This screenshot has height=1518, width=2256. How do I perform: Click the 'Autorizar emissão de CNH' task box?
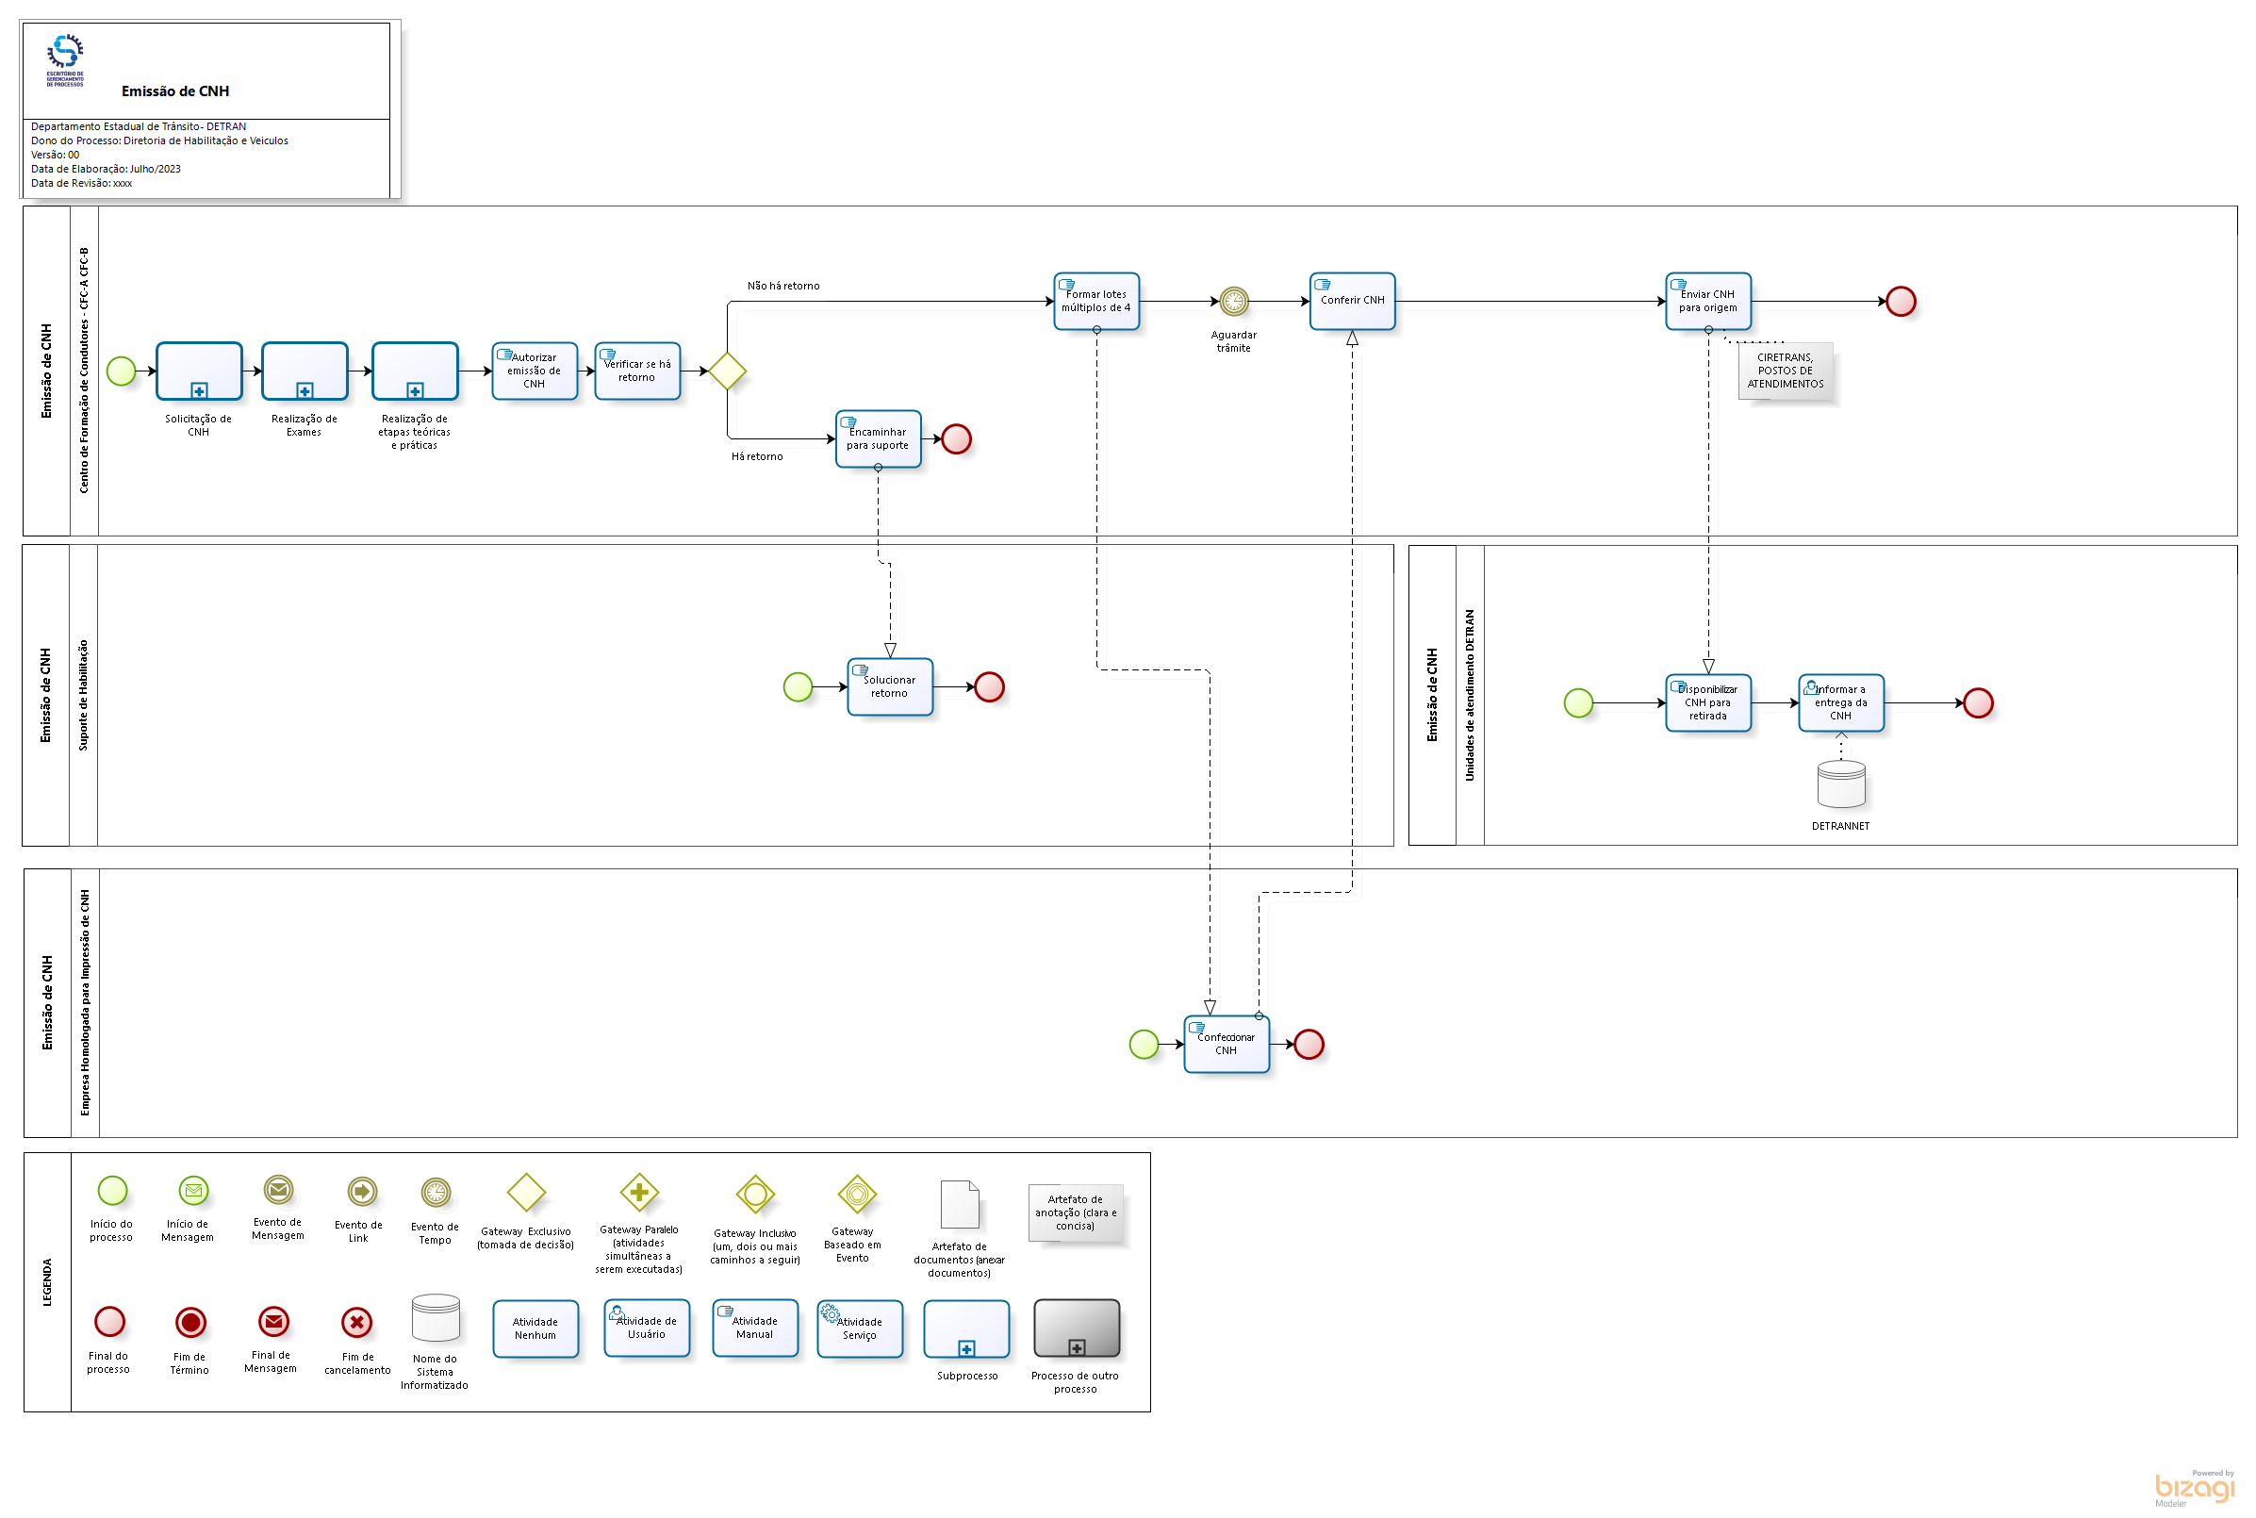coord(535,371)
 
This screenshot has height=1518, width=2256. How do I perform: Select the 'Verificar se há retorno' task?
coord(637,371)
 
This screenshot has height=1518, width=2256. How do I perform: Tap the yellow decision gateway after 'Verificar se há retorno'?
coord(727,371)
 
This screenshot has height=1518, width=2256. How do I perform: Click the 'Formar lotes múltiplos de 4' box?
coord(1095,301)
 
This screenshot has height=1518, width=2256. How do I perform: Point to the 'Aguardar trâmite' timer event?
coord(1233,301)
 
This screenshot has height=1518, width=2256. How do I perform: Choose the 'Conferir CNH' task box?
coord(1351,301)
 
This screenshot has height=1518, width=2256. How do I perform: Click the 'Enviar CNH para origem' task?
coord(1707,301)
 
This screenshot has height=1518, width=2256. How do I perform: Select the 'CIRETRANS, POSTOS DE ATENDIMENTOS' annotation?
coord(1785,371)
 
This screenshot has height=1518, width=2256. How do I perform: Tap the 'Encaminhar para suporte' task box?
coord(878,438)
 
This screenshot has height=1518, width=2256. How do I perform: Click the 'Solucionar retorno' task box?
coord(889,686)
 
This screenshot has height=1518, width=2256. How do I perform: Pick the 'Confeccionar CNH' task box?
coord(1226,1044)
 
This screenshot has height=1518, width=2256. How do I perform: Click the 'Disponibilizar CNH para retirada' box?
coord(1707,702)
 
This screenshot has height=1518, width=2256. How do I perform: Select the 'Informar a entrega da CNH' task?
coord(1840,702)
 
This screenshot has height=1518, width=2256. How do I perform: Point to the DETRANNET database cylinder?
coord(1840,784)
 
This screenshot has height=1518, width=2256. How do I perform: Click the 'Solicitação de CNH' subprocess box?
coord(198,371)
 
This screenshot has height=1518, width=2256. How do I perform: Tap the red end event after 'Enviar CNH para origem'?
coord(1900,301)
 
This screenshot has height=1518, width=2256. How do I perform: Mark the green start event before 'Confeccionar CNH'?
coord(1143,1044)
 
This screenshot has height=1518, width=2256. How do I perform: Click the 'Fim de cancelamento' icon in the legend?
coord(356,1322)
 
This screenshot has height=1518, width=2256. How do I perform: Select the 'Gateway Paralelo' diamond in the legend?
coord(639,1192)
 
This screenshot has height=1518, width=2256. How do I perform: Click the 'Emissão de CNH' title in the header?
coord(175,91)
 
